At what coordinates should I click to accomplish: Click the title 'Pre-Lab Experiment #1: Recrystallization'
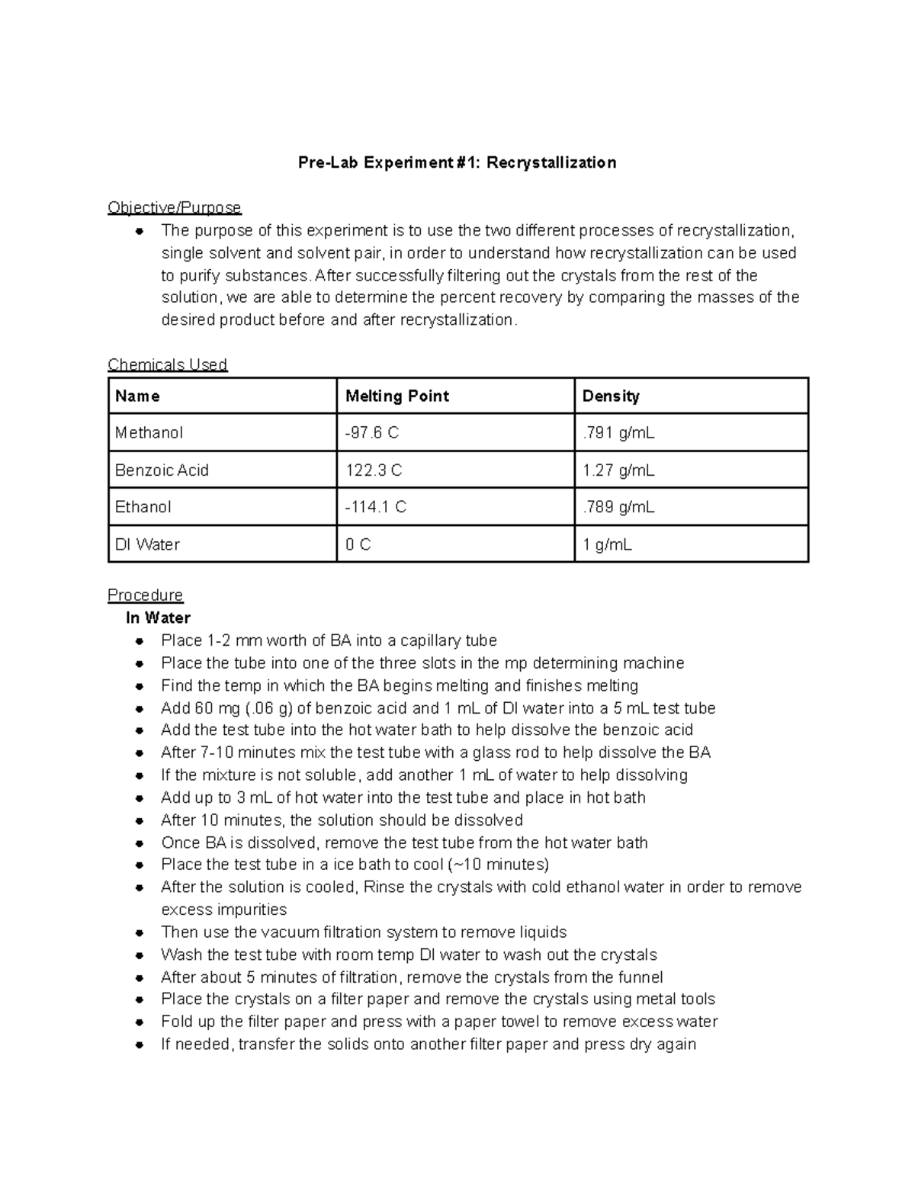457,162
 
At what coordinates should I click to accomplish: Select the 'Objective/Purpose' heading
175,207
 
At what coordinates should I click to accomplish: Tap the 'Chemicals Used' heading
168,364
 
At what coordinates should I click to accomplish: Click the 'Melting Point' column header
397,396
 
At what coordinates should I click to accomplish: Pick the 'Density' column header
611,396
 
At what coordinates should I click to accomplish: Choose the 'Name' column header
137,396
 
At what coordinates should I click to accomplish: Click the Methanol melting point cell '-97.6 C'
372,433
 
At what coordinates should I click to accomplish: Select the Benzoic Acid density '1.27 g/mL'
618,470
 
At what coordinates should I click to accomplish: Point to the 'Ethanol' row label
143,507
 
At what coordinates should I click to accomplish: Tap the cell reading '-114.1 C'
376,507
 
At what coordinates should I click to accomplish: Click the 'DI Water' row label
147,544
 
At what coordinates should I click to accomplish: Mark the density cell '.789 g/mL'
618,507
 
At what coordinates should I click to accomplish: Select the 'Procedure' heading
146,595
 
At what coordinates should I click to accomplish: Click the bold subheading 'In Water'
158,618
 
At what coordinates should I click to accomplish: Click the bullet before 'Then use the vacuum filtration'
140,933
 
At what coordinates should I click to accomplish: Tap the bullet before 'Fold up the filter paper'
140,1022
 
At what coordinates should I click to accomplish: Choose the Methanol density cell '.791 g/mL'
618,433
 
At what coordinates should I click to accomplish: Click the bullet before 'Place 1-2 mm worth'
140,641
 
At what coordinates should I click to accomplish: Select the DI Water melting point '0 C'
358,544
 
